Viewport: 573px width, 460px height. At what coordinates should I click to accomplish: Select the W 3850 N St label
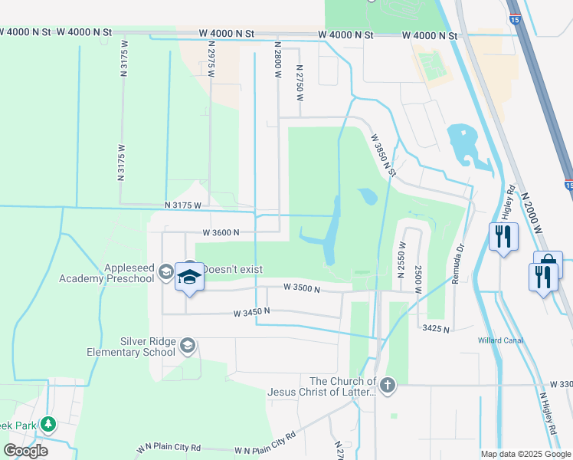tap(383, 156)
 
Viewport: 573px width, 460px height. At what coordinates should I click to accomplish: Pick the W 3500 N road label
tap(301, 287)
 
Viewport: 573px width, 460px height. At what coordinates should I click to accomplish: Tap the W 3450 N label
tap(253, 312)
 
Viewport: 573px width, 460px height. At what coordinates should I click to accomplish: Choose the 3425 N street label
tap(434, 328)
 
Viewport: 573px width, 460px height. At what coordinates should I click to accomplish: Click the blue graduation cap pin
tap(189, 277)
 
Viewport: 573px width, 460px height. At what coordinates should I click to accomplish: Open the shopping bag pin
tap(548, 263)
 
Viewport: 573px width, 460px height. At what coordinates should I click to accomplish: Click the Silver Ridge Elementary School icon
tap(187, 347)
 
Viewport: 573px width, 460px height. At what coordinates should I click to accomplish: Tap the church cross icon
tap(388, 384)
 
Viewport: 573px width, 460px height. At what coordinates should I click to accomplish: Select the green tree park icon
tap(47, 423)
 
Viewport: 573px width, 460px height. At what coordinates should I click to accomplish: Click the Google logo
tap(25, 451)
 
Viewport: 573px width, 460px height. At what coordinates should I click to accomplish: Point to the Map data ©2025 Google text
tap(525, 454)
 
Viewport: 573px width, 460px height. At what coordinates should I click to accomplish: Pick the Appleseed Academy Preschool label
tap(106, 274)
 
